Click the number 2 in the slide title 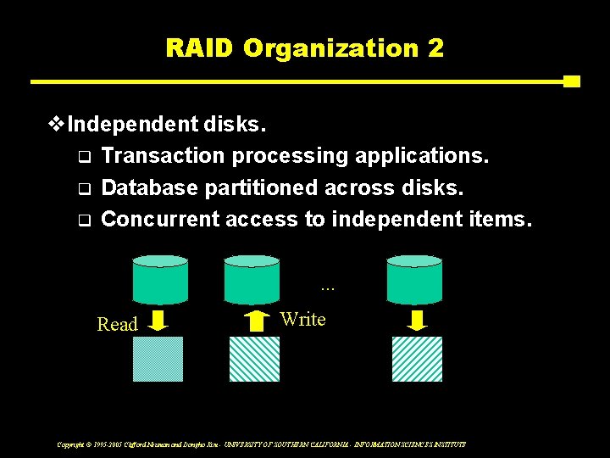click(x=435, y=47)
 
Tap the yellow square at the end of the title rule click(x=572, y=81)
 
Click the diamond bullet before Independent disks click(x=57, y=126)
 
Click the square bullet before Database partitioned click(x=83, y=188)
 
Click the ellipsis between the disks click(x=329, y=288)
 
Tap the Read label click(x=117, y=324)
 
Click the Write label click(x=302, y=319)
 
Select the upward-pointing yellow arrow click(x=255, y=320)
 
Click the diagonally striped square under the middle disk click(x=254, y=360)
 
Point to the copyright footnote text click(x=261, y=444)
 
